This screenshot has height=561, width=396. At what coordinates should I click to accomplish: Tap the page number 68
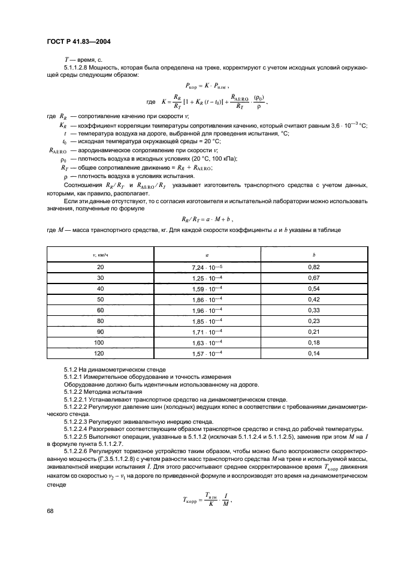pyautogui.click(x=50, y=511)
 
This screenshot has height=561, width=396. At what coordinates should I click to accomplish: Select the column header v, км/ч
pyautogui.click(x=100, y=254)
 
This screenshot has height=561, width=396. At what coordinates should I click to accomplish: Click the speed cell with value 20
pyautogui.click(x=100, y=267)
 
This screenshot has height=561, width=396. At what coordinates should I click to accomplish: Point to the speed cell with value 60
pyautogui.click(x=100, y=310)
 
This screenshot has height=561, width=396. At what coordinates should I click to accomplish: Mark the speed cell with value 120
pyautogui.click(x=100, y=353)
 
